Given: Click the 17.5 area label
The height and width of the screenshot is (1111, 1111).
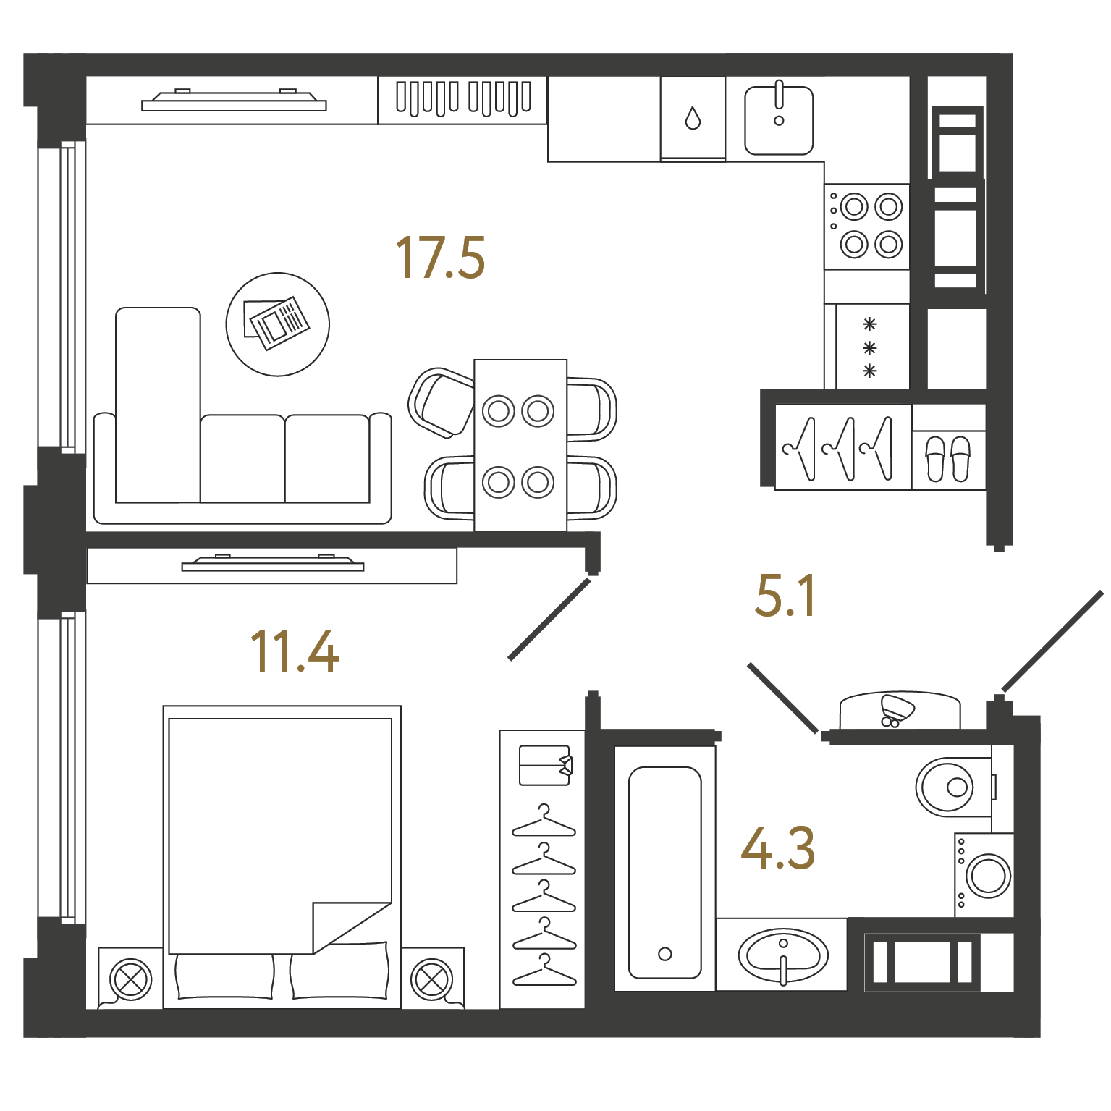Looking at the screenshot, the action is [440, 258].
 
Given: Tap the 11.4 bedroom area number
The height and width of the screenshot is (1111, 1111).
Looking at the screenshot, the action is [294, 651].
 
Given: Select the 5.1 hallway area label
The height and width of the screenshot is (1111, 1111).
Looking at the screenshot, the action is [785, 596].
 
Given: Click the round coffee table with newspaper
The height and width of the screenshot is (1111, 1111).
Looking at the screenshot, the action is [278, 324].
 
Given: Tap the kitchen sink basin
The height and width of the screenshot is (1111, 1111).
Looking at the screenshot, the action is [779, 120].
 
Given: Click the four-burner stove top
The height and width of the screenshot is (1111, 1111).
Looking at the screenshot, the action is [867, 227].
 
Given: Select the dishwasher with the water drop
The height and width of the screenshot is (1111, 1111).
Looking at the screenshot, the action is [693, 119].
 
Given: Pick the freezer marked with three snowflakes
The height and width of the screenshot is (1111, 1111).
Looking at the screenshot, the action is [872, 347].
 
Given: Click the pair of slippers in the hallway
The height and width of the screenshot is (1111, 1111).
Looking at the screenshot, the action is [947, 459].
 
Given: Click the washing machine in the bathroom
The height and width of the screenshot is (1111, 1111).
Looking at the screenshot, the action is [984, 875].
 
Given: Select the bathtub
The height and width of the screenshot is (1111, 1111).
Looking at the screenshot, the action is [665, 869].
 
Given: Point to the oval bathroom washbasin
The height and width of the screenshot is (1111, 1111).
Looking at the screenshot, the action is [782, 955].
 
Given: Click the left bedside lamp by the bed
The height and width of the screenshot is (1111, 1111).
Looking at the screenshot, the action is [131, 979].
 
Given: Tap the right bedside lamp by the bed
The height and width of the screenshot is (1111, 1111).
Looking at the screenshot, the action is [432, 979].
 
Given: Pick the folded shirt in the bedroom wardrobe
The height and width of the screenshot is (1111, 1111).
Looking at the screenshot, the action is [546, 765].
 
